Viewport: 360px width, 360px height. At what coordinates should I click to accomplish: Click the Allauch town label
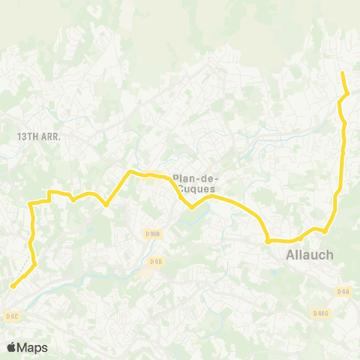coord(310,256)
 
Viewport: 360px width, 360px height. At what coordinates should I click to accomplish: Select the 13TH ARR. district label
coord(38,137)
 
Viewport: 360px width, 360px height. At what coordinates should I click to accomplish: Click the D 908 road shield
coord(153,234)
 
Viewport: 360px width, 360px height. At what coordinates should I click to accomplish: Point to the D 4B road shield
coord(155,261)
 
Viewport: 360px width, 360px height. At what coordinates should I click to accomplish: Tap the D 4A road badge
coord(343,291)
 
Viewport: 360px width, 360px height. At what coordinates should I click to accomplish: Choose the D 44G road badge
coord(321,313)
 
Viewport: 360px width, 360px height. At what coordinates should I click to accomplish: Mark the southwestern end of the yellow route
coord(13,286)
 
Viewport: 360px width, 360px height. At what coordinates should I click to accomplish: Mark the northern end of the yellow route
coord(342,73)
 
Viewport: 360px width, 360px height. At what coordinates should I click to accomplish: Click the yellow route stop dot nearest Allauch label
coord(268,241)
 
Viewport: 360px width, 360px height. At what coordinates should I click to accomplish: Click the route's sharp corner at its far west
coord(29,204)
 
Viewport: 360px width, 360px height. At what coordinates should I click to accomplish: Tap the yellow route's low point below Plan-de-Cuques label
coord(192,208)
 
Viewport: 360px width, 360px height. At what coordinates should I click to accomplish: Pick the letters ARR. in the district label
coord(49,137)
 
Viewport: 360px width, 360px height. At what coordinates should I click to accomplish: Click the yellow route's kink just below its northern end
coord(347,93)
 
